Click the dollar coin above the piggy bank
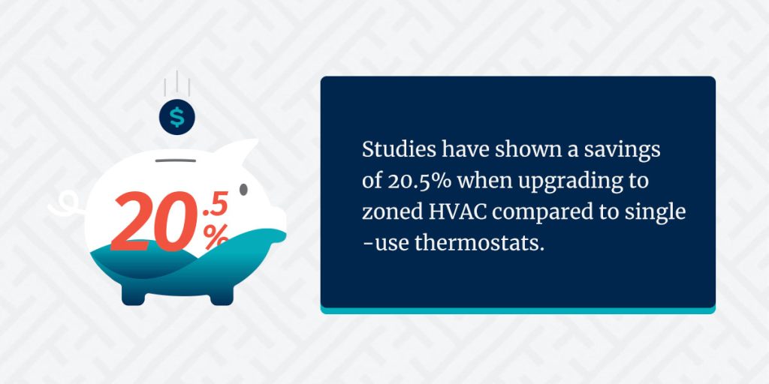(x=177, y=117)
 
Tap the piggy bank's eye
(x=243, y=189)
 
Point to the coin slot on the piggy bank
(x=176, y=160)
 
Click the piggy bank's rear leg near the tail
(x=134, y=295)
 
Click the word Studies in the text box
(x=400, y=150)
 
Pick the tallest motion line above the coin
(x=177, y=81)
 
